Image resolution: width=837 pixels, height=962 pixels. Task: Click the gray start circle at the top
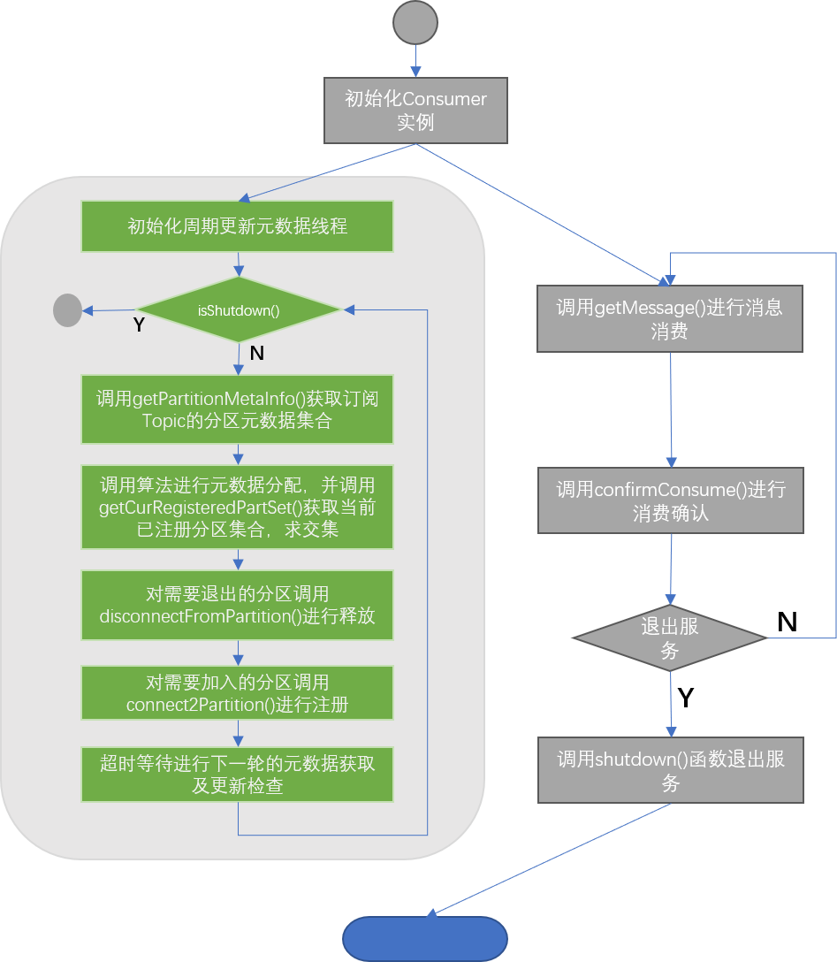415,23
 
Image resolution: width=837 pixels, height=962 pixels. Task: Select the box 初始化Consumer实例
415,111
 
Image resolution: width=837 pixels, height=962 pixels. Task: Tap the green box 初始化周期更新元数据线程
237,226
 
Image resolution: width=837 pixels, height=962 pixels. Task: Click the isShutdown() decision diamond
237,309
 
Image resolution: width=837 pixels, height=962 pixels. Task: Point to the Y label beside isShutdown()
139,325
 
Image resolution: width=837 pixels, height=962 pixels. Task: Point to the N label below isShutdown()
256,354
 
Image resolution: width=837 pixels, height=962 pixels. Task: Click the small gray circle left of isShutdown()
67,310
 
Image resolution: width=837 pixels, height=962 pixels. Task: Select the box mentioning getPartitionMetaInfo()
237,409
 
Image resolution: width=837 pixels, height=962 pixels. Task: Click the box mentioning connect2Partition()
237,693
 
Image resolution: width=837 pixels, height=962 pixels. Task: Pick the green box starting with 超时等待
237,775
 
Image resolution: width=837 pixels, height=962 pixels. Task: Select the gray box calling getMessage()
670,318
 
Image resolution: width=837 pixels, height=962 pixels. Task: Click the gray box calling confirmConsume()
670,500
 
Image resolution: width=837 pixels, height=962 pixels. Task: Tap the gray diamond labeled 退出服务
670,638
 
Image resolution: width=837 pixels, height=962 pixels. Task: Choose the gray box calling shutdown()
670,770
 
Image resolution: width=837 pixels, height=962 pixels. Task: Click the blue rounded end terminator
425,939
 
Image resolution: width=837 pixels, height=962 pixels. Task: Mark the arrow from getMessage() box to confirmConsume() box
671,409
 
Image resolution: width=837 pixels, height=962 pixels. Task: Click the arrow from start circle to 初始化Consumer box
415,61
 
